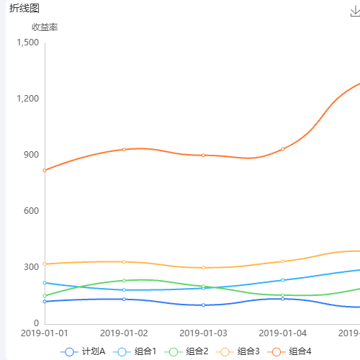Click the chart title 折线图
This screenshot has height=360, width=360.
point(24,8)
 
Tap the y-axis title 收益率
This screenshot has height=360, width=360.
point(45,27)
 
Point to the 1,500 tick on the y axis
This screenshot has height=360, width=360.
point(27,42)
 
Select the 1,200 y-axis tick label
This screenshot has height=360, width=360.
point(27,99)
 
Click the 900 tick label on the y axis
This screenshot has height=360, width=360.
point(31,155)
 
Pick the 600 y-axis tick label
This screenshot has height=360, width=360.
point(31,211)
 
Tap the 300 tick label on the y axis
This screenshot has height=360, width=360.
point(31,267)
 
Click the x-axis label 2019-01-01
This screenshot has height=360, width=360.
point(45,333)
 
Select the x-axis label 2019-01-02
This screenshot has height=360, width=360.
point(124,333)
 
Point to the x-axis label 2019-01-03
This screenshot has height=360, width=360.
point(203,333)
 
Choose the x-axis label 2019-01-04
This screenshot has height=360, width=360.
point(282,333)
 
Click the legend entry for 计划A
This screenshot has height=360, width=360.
point(85,351)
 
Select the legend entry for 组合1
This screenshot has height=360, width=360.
point(137,351)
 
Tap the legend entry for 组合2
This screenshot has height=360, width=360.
point(188,351)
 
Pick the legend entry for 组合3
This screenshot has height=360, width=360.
point(240,351)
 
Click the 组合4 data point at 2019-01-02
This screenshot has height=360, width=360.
point(124,149)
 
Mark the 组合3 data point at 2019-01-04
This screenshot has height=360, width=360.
point(282,261)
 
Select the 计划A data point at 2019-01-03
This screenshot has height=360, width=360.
point(203,305)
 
